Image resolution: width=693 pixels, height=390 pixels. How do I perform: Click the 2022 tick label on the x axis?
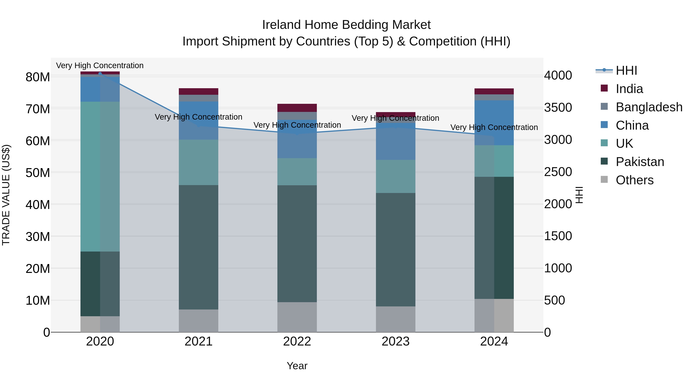tap(297, 341)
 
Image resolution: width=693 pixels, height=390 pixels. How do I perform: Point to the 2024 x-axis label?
tap(494, 341)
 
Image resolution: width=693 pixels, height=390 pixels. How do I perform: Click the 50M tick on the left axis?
tap(38, 173)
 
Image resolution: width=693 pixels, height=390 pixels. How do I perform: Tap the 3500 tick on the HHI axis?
tap(558, 108)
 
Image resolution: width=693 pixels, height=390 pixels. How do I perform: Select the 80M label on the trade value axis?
tap(38, 77)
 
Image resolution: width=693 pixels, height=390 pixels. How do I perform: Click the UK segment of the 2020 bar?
tap(100, 176)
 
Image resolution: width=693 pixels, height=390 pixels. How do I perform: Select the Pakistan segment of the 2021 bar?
tap(198, 247)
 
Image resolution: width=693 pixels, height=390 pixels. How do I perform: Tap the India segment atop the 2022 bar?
tap(297, 108)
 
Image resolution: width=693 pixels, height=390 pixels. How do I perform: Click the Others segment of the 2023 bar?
tap(395, 319)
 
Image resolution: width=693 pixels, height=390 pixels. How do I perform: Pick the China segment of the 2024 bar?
tap(494, 123)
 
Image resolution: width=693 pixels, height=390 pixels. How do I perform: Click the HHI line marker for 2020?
tap(100, 74)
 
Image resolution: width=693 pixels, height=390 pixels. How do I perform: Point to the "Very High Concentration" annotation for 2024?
tap(494, 127)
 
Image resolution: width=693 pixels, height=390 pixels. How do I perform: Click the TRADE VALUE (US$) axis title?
tap(6, 195)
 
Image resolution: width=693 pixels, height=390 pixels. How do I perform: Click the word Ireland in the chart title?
tap(281, 25)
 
